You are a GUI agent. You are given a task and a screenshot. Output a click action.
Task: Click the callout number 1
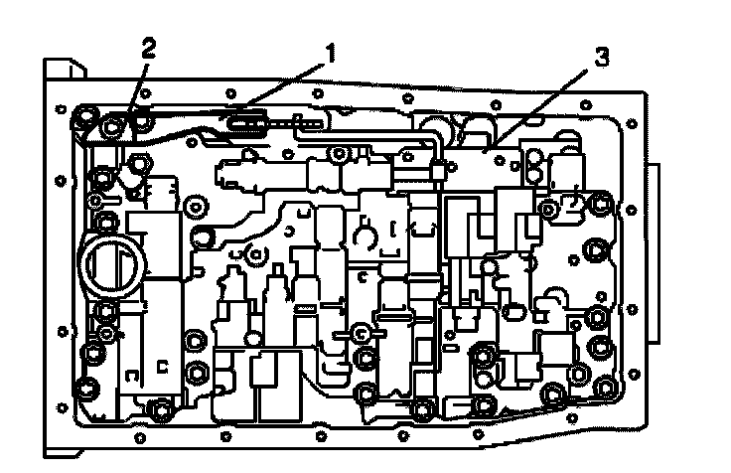click(x=330, y=53)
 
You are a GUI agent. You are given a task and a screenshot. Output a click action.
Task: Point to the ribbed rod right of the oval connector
click(x=298, y=125)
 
